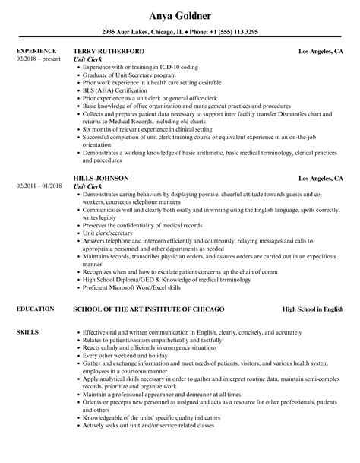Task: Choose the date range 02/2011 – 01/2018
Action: click(x=42, y=186)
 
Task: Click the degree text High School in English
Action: click(x=313, y=288)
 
